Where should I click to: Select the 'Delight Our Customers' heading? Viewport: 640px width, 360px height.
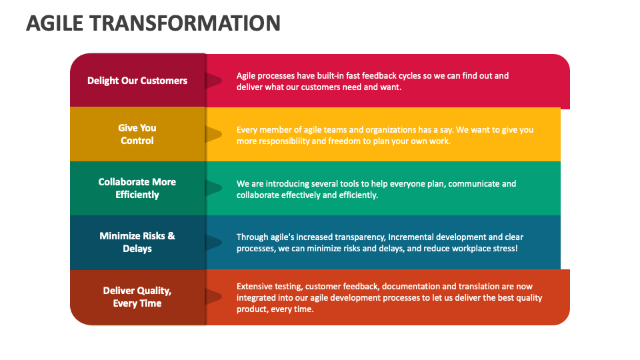pyautogui.click(x=137, y=81)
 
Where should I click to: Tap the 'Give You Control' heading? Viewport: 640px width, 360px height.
pyautogui.click(x=137, y=134)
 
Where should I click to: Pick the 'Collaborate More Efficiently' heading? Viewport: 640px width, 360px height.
pyautogui.click(x=137, y=188)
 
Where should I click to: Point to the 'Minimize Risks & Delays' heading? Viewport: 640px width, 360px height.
pyautogui.click(x=137, y=242)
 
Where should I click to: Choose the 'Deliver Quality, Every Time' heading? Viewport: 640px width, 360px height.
pyautogui.click(x=137, y=297)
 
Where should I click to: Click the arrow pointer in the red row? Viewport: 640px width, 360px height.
pyautogui.click(x=213, y=81)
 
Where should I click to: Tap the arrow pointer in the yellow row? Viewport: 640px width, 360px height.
pyautogui.click(x=213, y=135)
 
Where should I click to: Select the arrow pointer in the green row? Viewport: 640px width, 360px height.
pyautogui.click(x=213, y=189)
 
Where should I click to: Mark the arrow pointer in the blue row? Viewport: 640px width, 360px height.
pyautogui.click(x=213, y=243)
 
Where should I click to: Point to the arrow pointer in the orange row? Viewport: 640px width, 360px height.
pyautogui.click(x=213, y=297)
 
